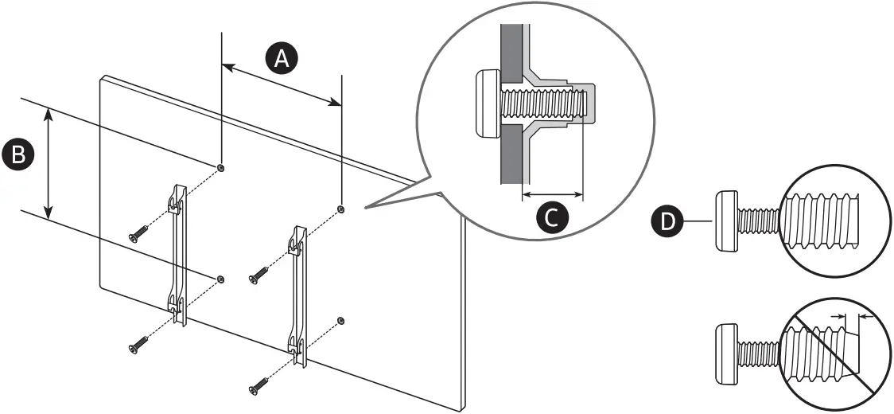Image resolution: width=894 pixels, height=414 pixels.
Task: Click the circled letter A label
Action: [282, 59]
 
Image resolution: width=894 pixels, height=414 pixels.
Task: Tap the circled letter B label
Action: [17, 154]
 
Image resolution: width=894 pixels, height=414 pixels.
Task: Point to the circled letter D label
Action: [667, 220]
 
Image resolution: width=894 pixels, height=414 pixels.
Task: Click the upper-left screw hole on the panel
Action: [220, 167]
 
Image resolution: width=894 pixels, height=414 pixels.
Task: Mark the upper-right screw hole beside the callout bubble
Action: [341, 209]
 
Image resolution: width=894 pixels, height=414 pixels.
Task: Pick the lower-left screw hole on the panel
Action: [220, 279]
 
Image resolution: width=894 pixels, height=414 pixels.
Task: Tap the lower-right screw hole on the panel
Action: [341, 320]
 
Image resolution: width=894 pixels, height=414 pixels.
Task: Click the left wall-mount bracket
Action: [178, 255]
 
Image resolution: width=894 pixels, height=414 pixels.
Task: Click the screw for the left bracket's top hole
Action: [138, 233]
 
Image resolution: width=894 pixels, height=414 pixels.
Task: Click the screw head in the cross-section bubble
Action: [487, 103]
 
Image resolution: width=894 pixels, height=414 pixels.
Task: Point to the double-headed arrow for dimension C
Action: [553, 193]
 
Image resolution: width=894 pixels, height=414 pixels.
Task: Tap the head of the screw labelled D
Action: [727, 221]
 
